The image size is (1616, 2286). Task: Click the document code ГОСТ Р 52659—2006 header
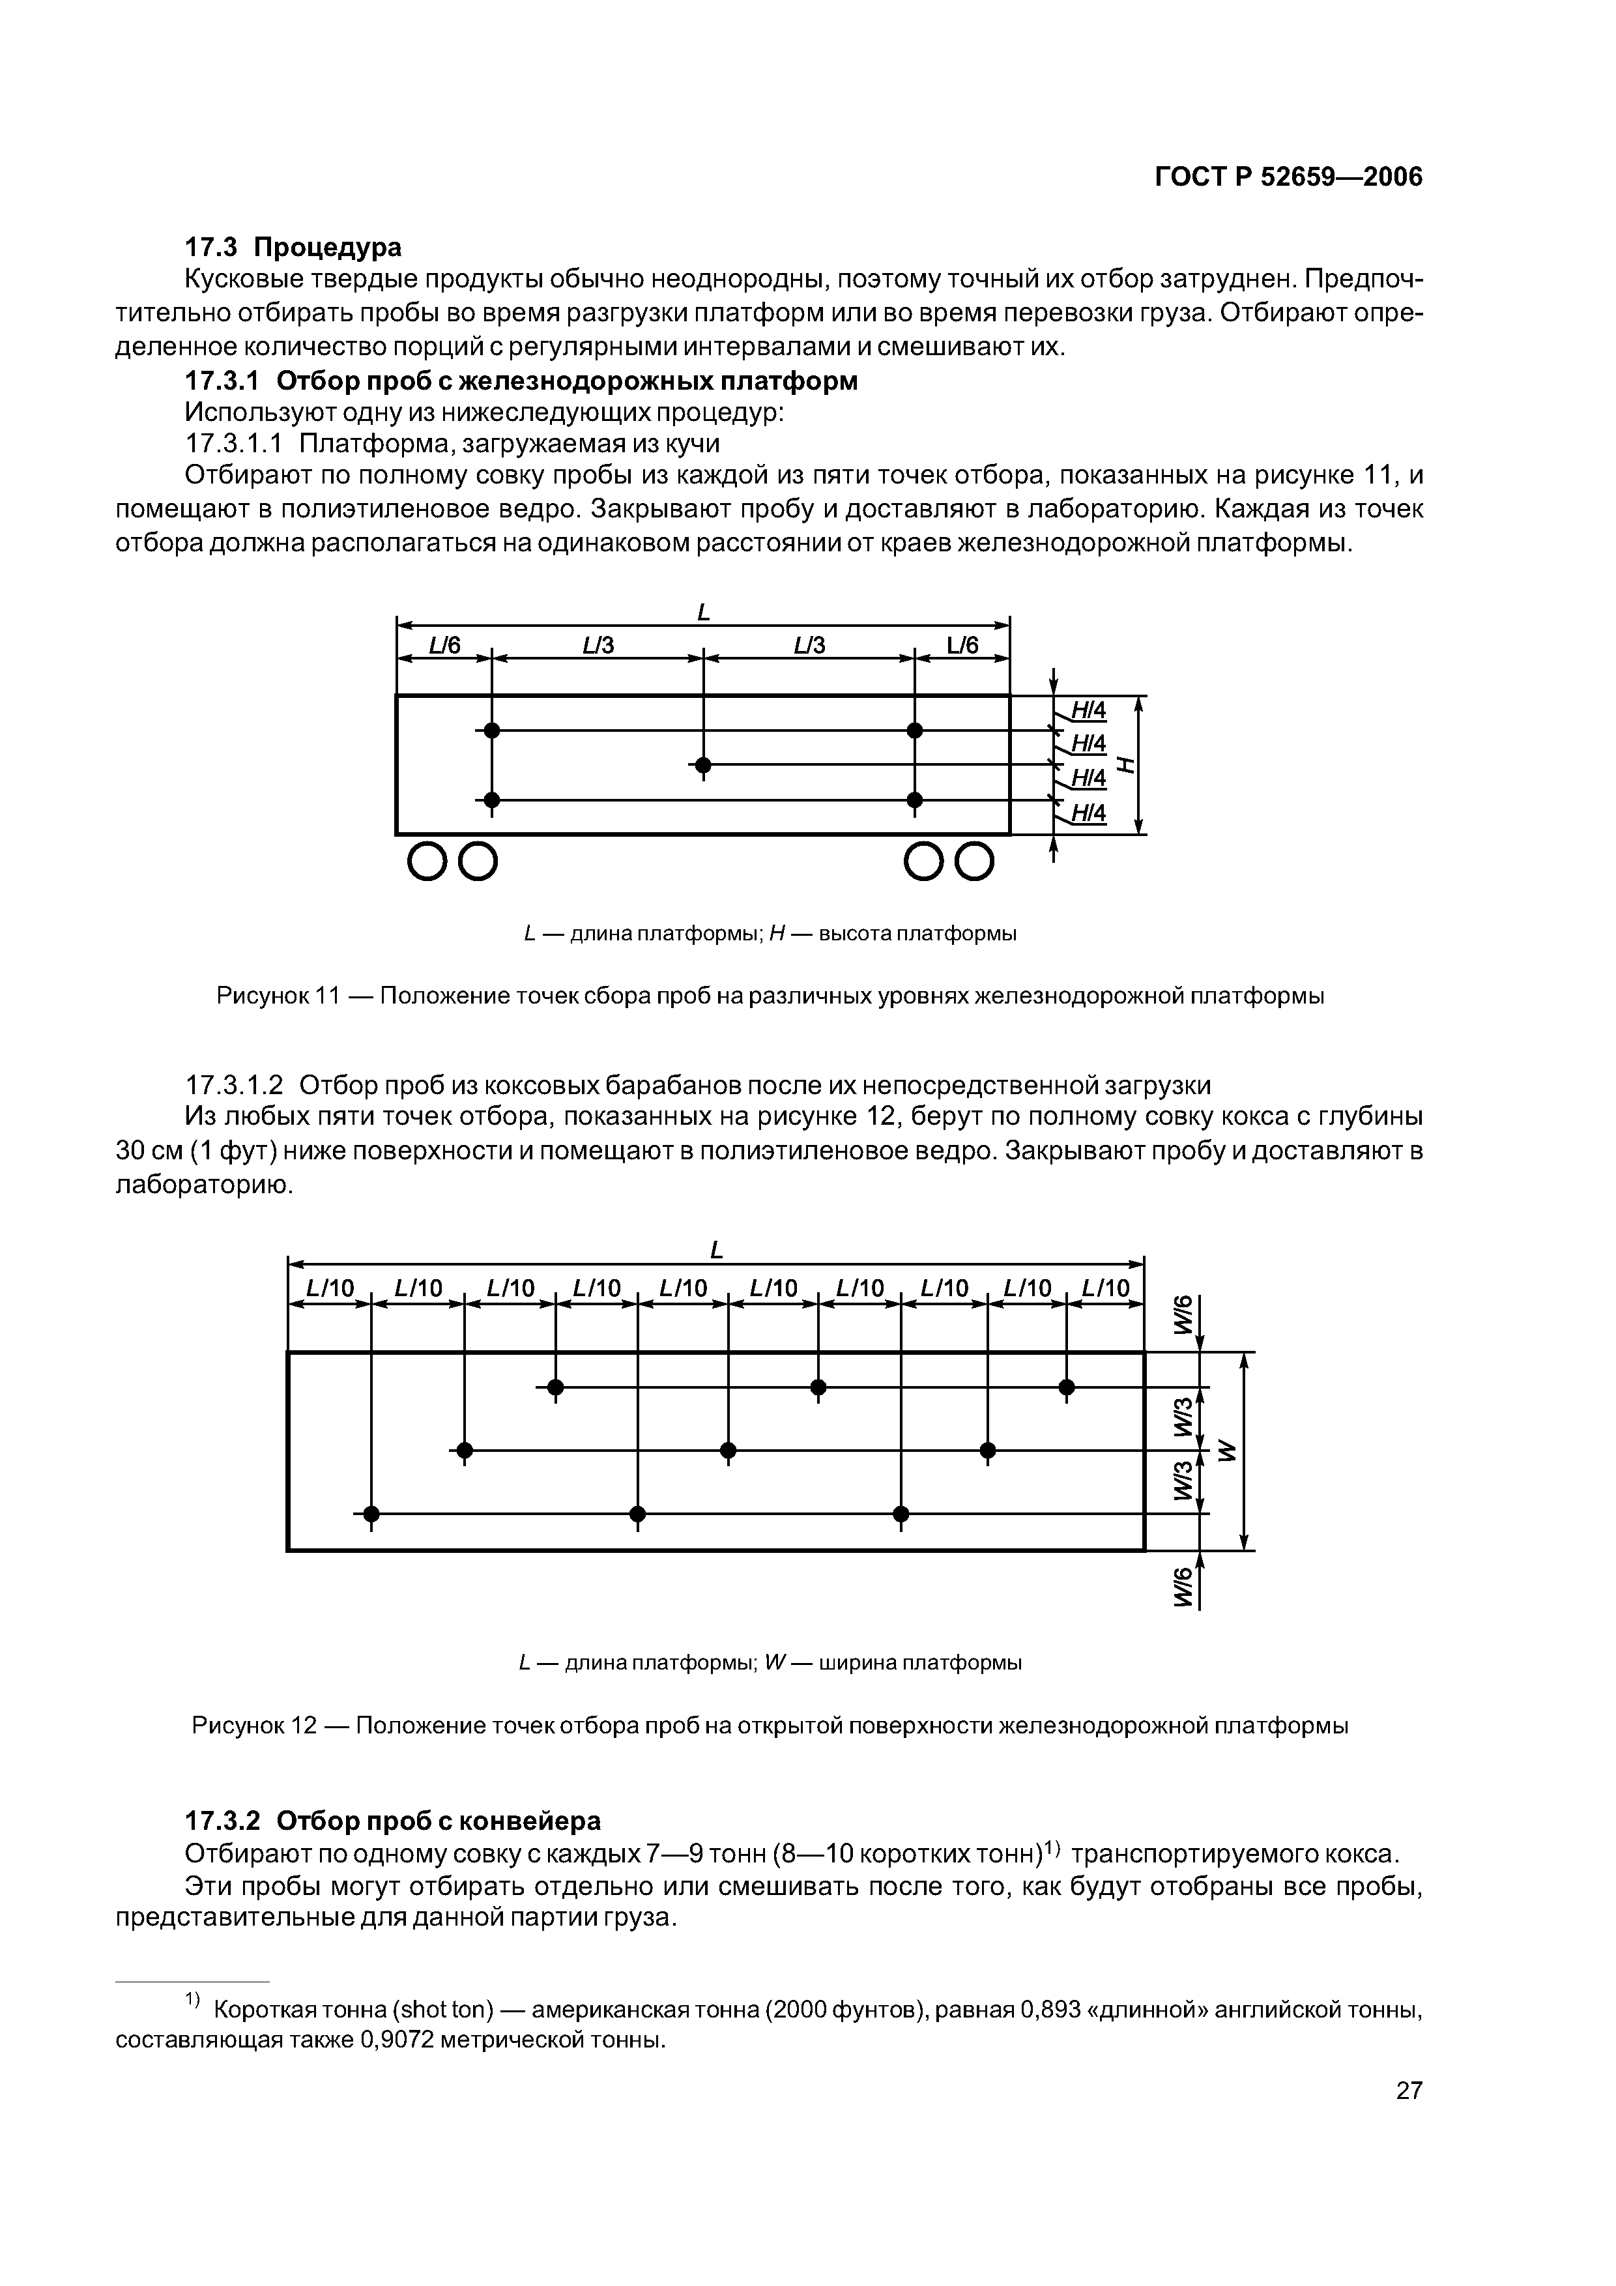tap(1288, 177)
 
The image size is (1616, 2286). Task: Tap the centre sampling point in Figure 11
tap(703, 764)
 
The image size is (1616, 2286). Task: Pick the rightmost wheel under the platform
tap(973, 861)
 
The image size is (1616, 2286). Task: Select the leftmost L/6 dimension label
tap(445, 646)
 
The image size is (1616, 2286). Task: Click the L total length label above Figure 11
tap(703, 613)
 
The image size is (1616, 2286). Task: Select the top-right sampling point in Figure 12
tap(1067, 1387)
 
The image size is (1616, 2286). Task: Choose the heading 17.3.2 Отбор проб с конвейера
tap(394, 1821)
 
